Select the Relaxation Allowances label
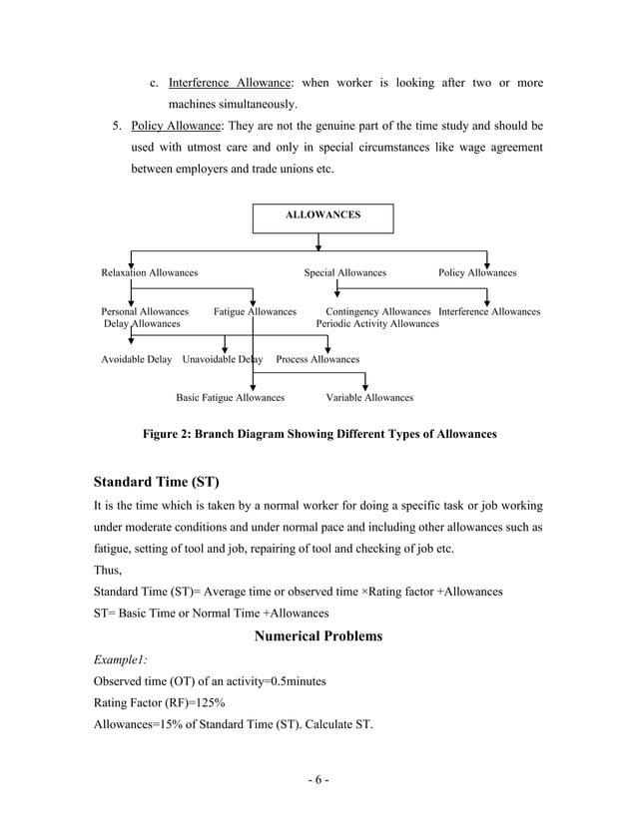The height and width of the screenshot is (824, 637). (x=150, y=272)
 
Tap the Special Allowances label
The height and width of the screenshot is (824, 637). (x=344, y=272)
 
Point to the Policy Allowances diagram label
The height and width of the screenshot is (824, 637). (x=477, y=272)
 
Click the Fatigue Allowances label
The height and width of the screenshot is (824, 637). (x=255, y=312)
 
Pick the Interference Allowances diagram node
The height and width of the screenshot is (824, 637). (x=489, y=312)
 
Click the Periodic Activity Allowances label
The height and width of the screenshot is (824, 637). (x=377, y=324)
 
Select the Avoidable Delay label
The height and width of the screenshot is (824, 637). (x=136, y=359)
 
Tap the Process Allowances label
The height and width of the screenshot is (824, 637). (x=318, y=359)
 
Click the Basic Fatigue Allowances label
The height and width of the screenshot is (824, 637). (x=230, y=397)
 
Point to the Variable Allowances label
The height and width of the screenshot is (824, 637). (x=369, y=397)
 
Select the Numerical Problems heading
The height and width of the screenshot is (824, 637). (x=318, y=635)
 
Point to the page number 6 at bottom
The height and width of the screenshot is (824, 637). (x=318, y=779)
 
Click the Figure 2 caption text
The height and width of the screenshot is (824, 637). (x=318, y=434)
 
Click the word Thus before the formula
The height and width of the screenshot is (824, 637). (x=107, y=571)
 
